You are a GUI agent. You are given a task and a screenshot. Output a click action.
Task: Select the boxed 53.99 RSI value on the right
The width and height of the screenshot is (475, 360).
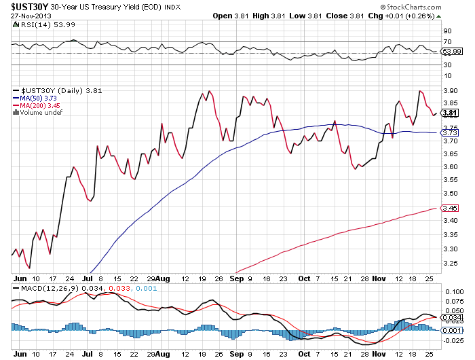(453, 51)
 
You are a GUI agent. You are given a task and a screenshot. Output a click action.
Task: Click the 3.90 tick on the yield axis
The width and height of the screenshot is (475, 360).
(450, 90)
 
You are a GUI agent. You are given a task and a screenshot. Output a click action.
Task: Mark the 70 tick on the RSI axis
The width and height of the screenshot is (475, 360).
(447, 42)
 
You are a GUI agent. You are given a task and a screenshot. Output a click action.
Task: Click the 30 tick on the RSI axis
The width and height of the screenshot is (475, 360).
(447, 65)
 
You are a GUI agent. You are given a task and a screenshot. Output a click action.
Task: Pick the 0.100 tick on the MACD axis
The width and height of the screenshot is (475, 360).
(453, 291)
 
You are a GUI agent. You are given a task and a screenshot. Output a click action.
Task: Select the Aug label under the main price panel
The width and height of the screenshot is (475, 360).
(164, 278)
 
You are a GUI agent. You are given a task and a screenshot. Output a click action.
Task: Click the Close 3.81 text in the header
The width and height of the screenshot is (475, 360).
(332, 15)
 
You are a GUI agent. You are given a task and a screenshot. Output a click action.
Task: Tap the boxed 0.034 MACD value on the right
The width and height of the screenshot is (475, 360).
(453, 317)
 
